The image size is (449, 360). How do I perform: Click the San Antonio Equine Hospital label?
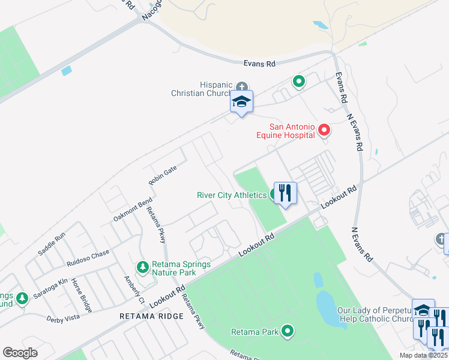292,131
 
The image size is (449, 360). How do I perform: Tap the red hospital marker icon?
324,130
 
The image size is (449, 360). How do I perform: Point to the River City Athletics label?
232,195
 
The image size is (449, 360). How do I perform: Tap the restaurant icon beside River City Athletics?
285,193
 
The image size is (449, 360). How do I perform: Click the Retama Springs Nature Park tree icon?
143,266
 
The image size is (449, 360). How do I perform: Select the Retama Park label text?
255,331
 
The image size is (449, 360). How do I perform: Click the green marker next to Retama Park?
288,331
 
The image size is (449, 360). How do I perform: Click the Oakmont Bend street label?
133,211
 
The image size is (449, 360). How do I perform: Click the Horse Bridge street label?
82,295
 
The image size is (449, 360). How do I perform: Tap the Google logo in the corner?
20,353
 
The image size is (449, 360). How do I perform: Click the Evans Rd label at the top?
259,63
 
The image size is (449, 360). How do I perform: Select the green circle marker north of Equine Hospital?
298,81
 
